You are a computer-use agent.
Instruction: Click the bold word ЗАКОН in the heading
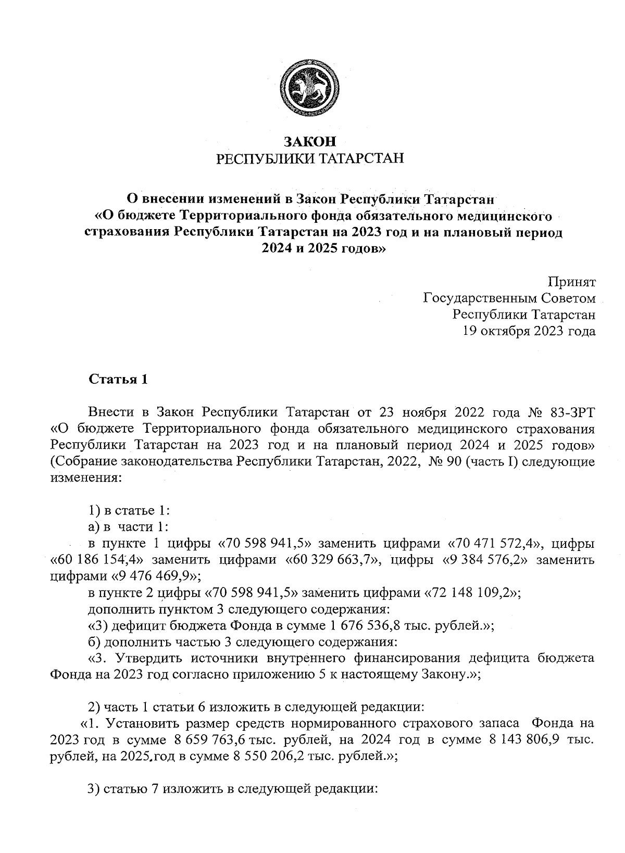tap(310, 141)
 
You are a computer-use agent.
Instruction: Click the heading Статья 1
tap(118, 379)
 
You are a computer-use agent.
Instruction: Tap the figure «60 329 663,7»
tap(335, 560)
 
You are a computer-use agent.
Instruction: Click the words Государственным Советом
tap(509, 298)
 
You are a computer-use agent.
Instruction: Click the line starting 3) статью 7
tap(232, 789)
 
